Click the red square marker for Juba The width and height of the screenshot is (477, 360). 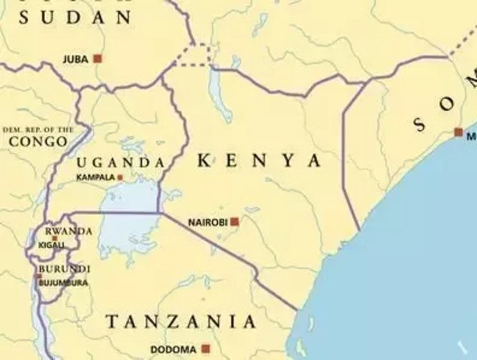[97, 59]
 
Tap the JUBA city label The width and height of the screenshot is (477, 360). [76, 59]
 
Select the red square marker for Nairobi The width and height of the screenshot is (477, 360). [234, 222]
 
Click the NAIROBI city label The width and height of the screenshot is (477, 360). [207, 223]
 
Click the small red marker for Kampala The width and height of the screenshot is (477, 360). [120, 177]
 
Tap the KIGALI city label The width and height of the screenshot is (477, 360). [51, 245]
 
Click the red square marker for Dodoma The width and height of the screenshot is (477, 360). [206, 349]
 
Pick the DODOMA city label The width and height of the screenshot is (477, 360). [174, 349]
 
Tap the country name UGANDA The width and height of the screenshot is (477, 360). [121, 162]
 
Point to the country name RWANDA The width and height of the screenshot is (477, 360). [69, 231]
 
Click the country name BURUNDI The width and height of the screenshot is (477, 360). [64, 269]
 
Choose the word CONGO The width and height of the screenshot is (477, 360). [38, 141]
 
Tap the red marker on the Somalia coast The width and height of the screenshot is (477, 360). [458, 131]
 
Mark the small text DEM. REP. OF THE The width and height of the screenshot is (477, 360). [39, 129]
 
